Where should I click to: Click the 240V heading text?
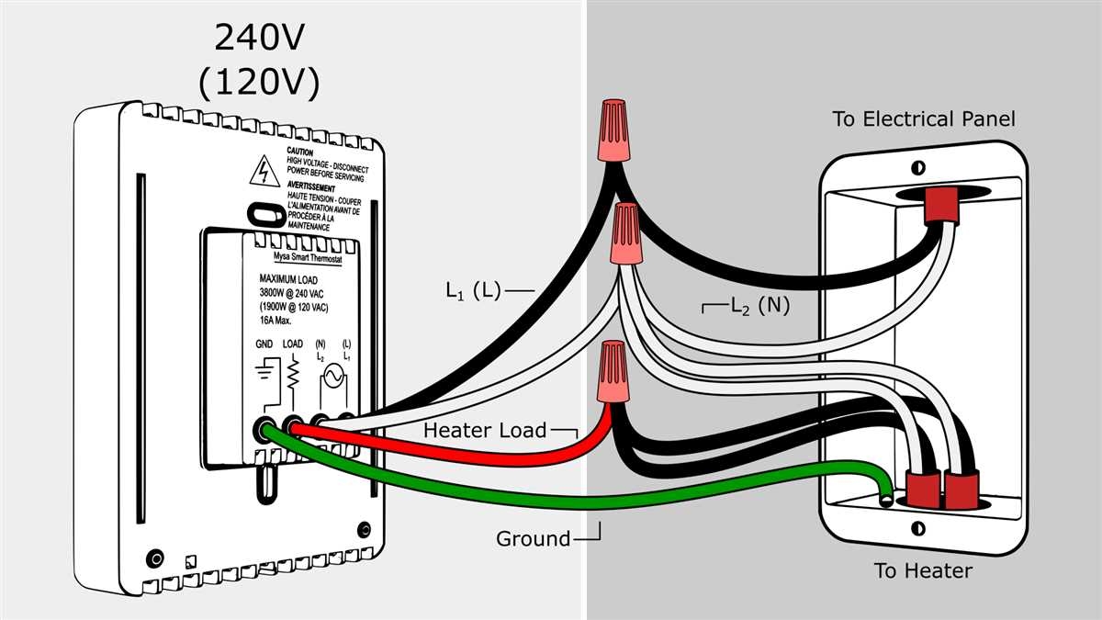click(258, 38)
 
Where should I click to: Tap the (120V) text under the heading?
click(258, 83)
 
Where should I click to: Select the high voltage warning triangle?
click(265, 170)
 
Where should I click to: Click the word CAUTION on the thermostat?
click(300, 151)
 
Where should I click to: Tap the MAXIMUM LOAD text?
click(290, 279)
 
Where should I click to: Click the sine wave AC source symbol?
click(328, 376)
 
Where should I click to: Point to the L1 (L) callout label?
click(473, 291)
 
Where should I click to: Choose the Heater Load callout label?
click(484, 430)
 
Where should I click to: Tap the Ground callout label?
click(533, 539)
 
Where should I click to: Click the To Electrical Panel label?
click(923, 119)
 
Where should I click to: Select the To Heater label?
click(923, 571)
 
